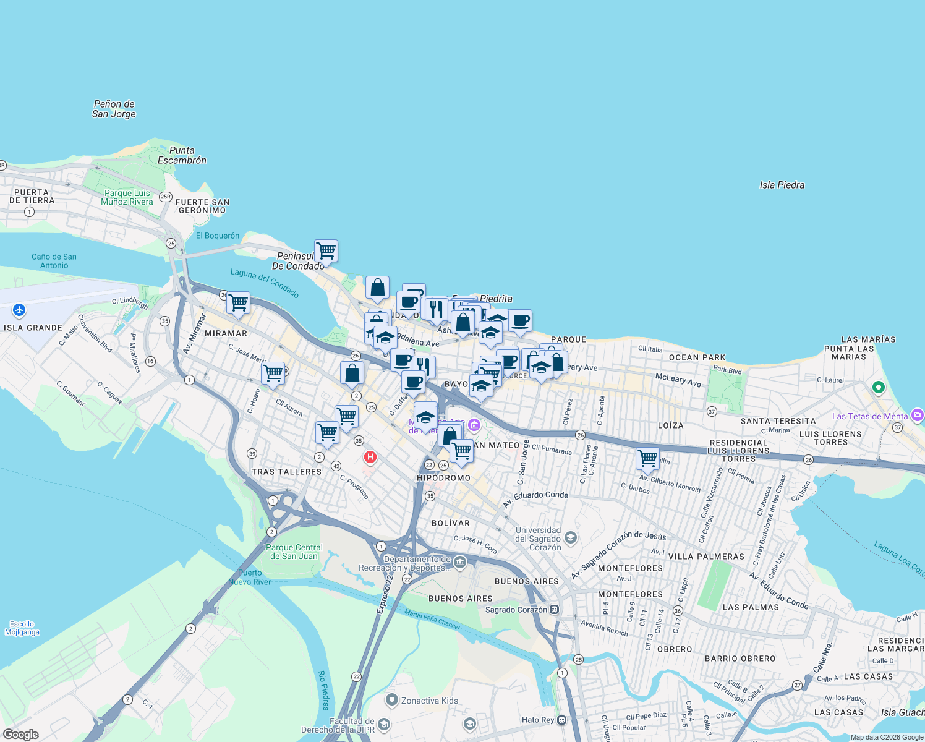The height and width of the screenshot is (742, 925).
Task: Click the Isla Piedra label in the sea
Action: tap(782, 185)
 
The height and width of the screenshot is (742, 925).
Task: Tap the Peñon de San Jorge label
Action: tap(114, 109)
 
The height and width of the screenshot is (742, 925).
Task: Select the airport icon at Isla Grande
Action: tap(19, 310)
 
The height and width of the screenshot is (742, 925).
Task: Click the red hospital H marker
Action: tap(370, 457)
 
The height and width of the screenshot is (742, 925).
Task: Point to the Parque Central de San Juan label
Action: tap(295, 552)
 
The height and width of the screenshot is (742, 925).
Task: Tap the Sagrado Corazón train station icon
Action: tap(555, 609)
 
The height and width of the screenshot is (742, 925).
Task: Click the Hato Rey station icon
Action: tap(561, 720)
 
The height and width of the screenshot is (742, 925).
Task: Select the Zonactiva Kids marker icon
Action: tap(391, 700)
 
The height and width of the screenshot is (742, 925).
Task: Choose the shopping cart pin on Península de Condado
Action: tap(326, 251)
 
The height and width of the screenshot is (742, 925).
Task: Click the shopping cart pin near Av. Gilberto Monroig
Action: tap(647, 459)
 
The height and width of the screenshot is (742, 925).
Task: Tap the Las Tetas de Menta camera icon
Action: tap(917, 415)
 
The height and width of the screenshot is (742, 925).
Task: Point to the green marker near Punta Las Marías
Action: tap(878, 388)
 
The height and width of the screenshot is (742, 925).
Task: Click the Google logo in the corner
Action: tap(21, 734)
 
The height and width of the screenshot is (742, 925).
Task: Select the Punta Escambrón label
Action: tap(182, 155)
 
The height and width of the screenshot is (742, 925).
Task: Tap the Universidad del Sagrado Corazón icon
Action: tap(571, 537)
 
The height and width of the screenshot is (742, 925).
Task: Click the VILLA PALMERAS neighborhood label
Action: tap(706, 556)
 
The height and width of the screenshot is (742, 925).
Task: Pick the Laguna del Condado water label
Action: tap(265, 283)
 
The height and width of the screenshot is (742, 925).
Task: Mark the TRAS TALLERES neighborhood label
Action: tap(286, 472)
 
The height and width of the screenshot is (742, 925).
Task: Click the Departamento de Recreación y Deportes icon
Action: tap(459, 562)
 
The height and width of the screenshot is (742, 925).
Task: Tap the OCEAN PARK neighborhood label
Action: tap(697, 357)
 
